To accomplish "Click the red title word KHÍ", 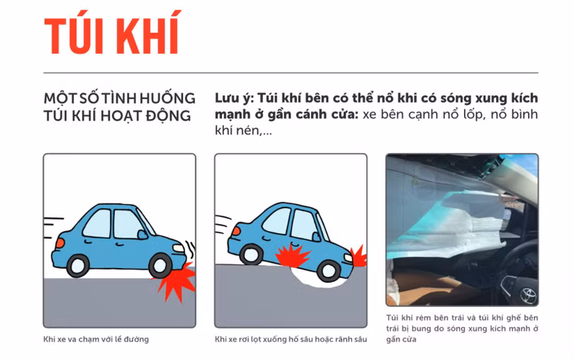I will (x=148, y=34).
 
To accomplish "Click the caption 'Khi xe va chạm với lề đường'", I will (x=96, y=339).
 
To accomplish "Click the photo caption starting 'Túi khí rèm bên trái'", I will (x=461, y=329).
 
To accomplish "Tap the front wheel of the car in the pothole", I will (x=328, y=269).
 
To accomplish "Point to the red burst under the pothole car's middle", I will (x=292, y=255).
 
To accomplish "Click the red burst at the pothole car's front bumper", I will (x=359, y=256).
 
